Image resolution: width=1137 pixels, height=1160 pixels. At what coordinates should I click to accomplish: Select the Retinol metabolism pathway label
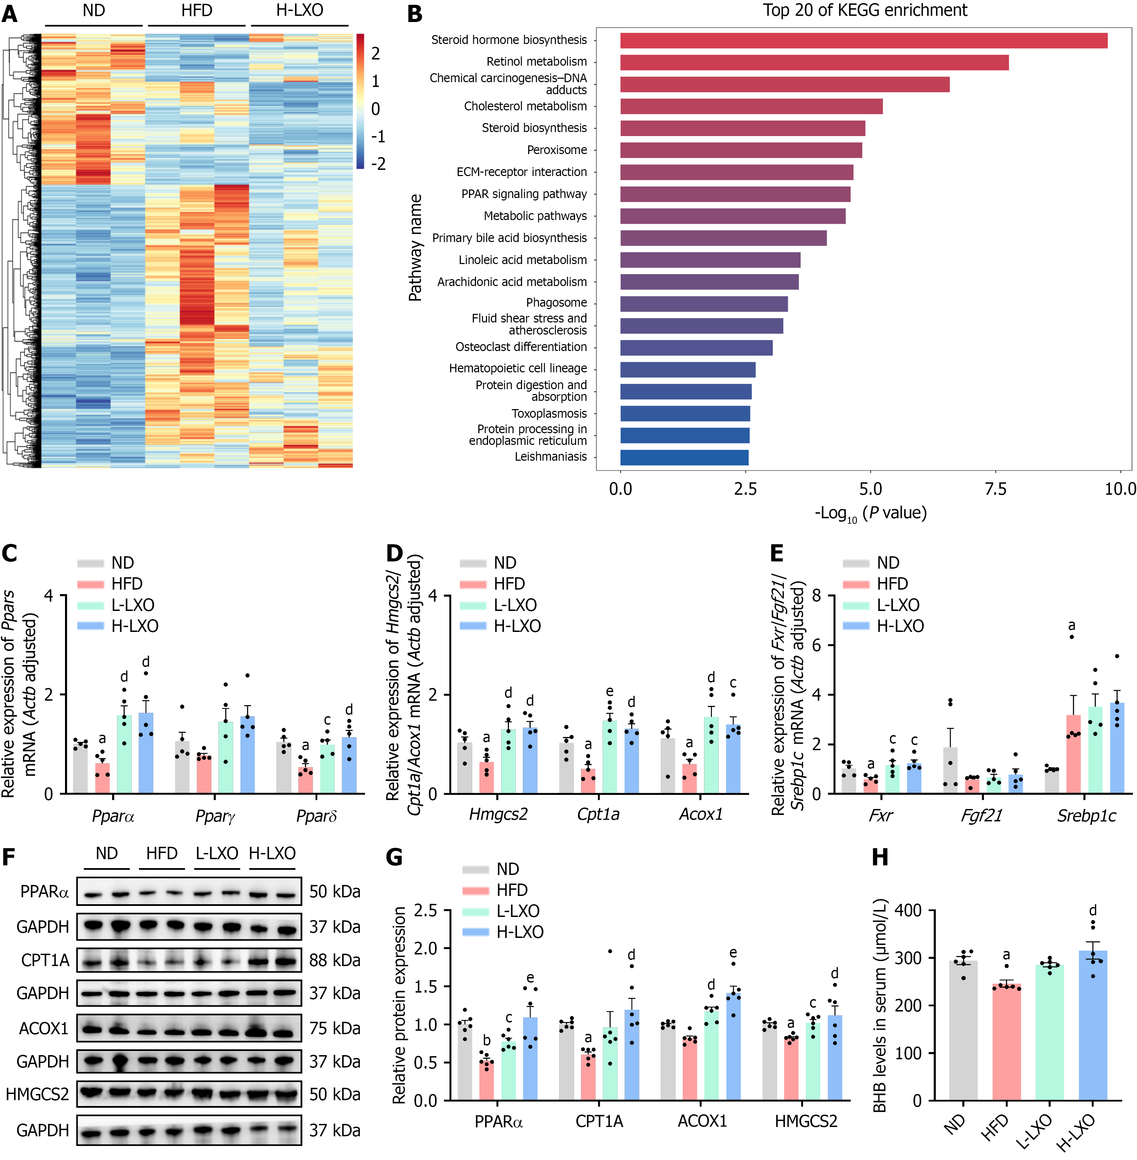[536, 62]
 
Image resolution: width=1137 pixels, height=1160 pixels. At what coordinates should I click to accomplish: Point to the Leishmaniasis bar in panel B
[684, 457]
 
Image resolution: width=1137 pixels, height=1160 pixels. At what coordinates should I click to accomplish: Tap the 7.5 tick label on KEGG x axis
[995, 489]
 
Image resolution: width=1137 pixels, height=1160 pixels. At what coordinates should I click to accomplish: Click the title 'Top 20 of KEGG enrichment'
[865, 10]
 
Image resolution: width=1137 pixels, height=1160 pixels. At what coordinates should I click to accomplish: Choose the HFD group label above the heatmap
[196, 10]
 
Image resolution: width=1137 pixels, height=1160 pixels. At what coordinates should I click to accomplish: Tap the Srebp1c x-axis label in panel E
[1086, 816]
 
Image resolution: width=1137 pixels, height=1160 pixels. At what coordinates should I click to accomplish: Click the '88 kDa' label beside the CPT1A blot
[334, 960]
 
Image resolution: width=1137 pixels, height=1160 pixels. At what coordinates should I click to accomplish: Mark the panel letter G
[394, 857]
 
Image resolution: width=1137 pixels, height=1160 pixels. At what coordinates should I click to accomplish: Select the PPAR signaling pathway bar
[735, 194]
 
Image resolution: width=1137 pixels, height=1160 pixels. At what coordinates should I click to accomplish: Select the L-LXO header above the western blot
[217, 853]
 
